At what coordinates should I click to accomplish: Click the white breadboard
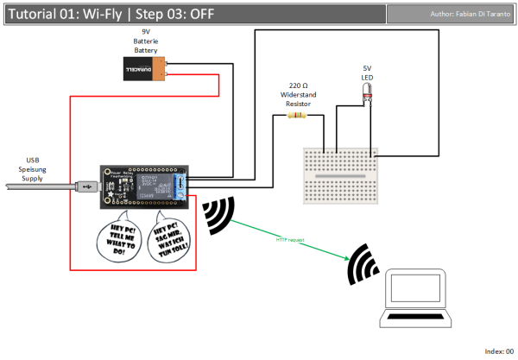click(x=338, y=175)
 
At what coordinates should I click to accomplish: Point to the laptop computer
click(x=418, y=298)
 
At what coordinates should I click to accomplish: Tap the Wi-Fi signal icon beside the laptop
click(x=362, y=266)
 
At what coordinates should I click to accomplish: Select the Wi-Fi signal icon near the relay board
click(x=218, y=216)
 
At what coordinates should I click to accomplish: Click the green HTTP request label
click(x=291, y=239)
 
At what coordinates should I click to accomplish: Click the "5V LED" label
click(x=367, y=71)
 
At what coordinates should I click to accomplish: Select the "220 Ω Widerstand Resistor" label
click(x=297, y=96)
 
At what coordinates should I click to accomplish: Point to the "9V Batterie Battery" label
click(x=145, y=41)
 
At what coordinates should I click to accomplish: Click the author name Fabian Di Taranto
click(x=470, y=15)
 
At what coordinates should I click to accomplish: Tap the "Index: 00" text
click(x=498, y=351)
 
